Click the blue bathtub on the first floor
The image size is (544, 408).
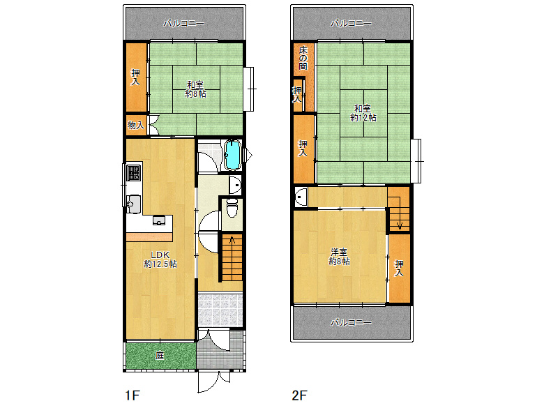click(233, 155)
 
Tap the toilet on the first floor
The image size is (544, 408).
click(232, 207)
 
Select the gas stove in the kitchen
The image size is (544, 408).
click(134, 172)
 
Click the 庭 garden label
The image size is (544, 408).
click(160, 355)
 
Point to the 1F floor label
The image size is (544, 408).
click(133, 395)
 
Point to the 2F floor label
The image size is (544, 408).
click(299, 395)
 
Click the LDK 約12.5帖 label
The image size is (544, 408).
click(160, 259)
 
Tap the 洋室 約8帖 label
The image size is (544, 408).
click(340, 257)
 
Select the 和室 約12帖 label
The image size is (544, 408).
click(363, 113)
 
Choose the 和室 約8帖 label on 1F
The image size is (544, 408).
click(196, 89)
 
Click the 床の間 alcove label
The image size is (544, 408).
click(303, 58)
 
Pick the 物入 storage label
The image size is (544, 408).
click(136, 125)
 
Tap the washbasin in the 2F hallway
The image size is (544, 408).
click(301, 197)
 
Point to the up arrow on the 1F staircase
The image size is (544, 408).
click(232, 239)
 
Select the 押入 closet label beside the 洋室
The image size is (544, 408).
click(399, 268)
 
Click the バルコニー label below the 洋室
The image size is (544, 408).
click(351, 323)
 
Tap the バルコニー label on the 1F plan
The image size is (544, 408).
click(184, 24)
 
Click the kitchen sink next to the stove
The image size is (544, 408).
click(134, 204)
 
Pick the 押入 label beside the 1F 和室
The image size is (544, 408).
click(135, 77)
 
